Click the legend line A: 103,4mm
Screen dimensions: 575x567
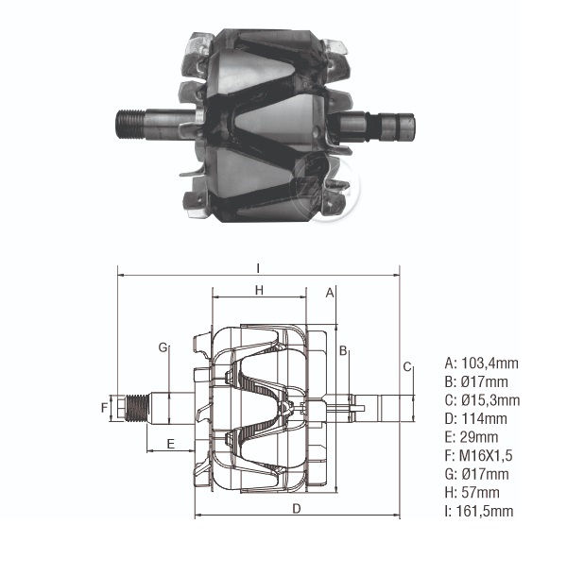coord(479,363)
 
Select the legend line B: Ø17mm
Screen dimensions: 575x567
coord(475,381)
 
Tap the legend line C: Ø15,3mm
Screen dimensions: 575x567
coord(481,400)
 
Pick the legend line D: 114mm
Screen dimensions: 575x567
coord(475,418)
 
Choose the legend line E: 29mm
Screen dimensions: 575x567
coord(472,437)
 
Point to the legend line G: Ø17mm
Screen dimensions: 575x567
coord(475,474)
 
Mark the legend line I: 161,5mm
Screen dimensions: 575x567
coord(479,511)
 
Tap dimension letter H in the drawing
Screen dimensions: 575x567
coord(259,290)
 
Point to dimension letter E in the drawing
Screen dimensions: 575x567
coord(170,443)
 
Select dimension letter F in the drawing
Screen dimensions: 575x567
coord(106,407)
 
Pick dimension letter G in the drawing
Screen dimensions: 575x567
coord(163,347)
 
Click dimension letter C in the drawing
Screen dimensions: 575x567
coord(406,366)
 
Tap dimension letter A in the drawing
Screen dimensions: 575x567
coord(330,292)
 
